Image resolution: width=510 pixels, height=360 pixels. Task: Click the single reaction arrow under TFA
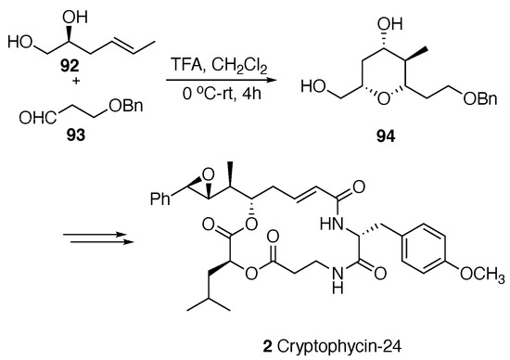(x=212, y=81)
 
